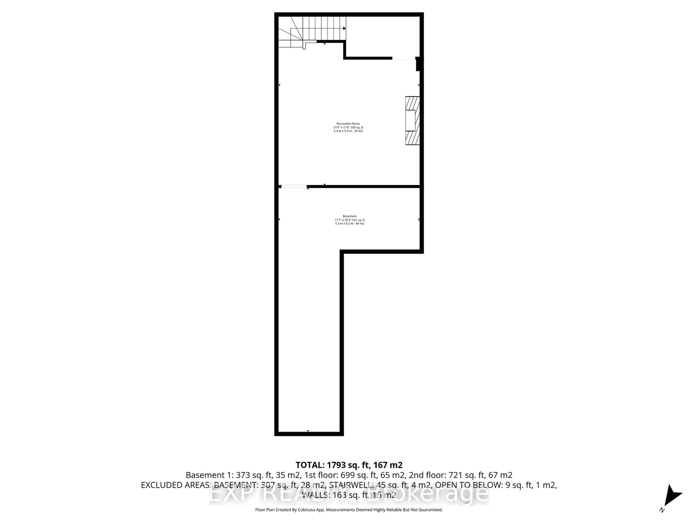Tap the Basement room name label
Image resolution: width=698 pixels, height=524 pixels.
pyautogui.click(x=349, y=216)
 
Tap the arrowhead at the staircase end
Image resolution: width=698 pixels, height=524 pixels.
pyautogui.click(x=344, y=28)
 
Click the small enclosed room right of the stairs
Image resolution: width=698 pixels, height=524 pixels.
pyautogui.click(x=382, y=36)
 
